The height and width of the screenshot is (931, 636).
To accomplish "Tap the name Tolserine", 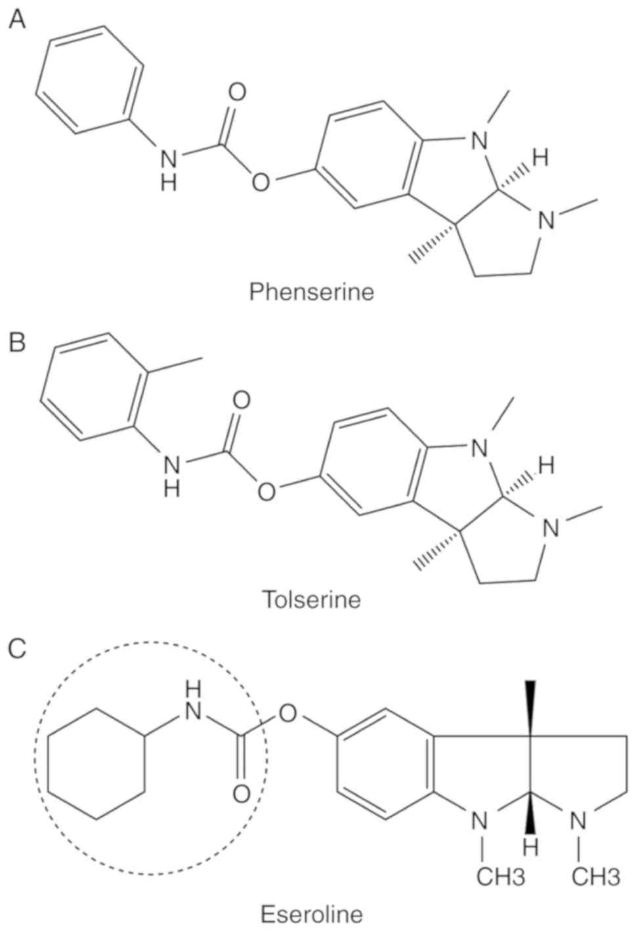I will [312, 598].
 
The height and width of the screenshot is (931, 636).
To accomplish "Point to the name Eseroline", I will [312, 913].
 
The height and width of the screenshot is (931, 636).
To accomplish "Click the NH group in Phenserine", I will [169, 167].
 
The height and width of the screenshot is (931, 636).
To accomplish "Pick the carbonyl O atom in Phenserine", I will [237, 93].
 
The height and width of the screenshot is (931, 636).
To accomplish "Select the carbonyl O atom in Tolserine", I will [241, 400].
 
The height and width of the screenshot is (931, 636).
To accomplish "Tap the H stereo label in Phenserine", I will [540, 157].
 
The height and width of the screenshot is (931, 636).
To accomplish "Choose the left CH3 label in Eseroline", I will [500, 876].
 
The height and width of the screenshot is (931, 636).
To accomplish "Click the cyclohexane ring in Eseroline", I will [96, 762].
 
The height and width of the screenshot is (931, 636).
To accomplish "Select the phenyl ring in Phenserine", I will [90, 80].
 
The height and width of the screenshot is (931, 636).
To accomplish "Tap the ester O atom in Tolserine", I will [266, 491].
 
